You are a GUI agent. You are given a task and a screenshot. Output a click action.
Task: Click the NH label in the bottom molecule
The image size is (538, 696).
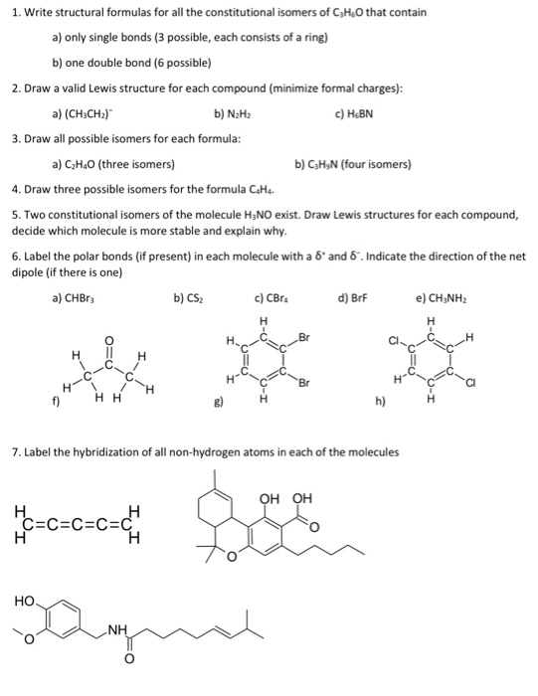(x=118, y=629)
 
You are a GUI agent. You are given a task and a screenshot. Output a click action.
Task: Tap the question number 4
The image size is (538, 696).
(x=16, y=188)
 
